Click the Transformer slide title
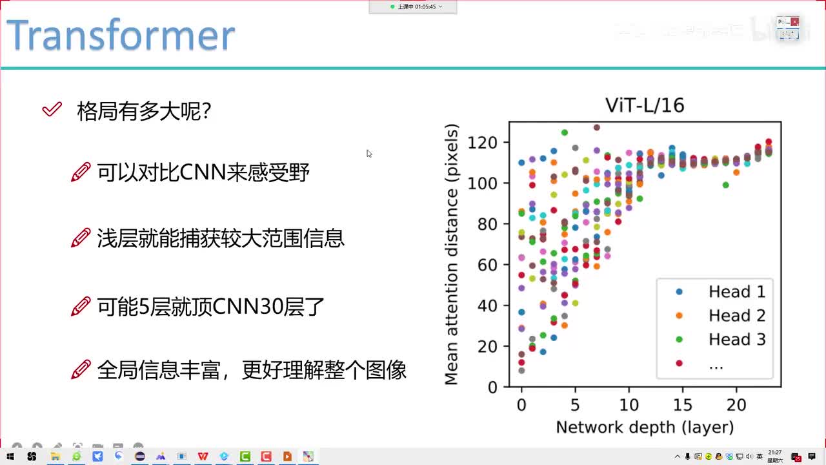click(121, 36)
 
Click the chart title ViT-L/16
click(644, 105)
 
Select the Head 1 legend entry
click(736, 292)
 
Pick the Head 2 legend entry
click(736, 316)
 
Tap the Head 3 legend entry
click(736, 340)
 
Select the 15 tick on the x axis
click(682, 405)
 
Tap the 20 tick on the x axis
click(736, 405)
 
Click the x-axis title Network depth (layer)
click(645, 428)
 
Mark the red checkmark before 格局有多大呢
click(52, 110)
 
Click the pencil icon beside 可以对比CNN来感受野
click(80, 172)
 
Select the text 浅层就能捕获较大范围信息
click(221, 239)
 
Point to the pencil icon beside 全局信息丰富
click(80, 370)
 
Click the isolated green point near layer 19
click(726, 185)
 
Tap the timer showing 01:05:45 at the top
click(413, 6)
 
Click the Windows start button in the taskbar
click(10, 457)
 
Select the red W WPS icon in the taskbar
click(203, 457)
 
